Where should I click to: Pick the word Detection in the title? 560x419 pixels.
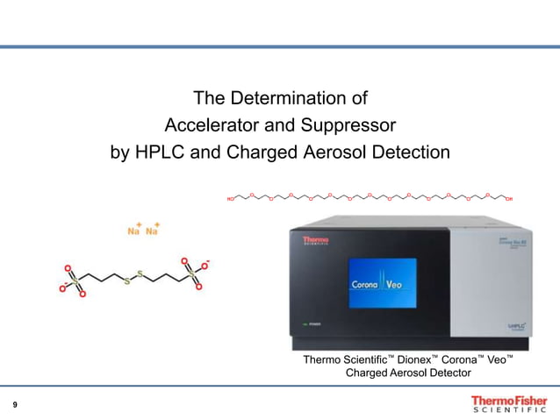(412, 153)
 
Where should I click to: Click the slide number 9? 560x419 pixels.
(15, 404)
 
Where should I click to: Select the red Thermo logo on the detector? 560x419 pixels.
(315, 239)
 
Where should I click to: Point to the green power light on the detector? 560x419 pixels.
(303, 323)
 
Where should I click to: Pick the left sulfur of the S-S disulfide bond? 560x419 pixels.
(127, 281)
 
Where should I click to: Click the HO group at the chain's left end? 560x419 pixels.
(231, 200)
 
